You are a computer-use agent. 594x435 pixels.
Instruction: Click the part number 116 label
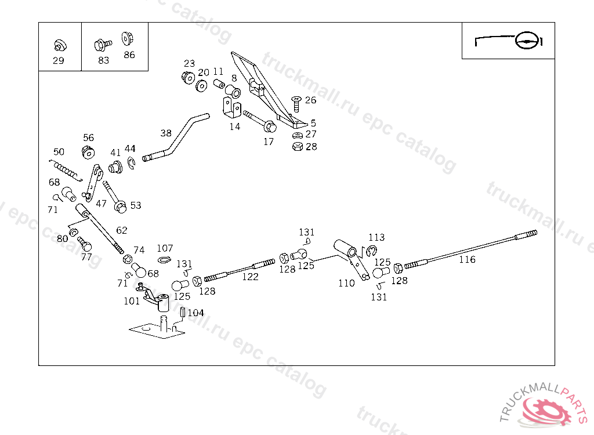(467, 260)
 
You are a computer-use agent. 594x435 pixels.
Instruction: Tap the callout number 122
(250, 277)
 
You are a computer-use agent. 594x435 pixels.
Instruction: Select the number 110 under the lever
(346, 284)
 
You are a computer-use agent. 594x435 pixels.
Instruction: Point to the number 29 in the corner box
(58, 60)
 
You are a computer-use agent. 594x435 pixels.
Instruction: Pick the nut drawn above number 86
(128, 39)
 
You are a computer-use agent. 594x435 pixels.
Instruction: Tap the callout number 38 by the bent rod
(166, 133)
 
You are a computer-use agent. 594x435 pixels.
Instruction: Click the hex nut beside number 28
(297, 147)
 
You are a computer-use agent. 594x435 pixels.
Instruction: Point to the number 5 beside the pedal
(313, 123)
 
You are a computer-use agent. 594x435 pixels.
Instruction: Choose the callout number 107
(165, 249)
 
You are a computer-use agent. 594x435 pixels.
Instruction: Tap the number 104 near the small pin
(195, 313)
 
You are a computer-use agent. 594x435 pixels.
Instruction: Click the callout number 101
(132, 301)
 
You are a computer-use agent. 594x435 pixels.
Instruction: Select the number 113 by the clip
(376, 237)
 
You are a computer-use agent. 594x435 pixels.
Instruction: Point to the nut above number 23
(188, 77)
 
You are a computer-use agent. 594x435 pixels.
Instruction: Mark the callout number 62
(121, 230)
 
